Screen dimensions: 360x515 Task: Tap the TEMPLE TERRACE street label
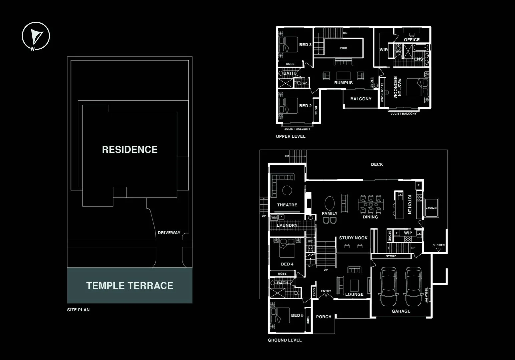point(130,286)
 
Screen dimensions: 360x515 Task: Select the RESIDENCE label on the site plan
point(130,149)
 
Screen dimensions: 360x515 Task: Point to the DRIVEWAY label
point(169,233)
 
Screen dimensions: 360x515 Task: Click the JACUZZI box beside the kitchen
point(431,208)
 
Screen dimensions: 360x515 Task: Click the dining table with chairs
point(371,204)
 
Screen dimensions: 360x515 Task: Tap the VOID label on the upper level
point(343,48)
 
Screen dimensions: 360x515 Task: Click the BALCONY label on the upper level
point(361,99)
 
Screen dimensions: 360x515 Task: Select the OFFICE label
point(412,40)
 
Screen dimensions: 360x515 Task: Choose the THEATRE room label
point(287,205)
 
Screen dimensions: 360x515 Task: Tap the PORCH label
point(324,317)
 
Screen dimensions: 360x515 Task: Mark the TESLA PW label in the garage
point(426,295)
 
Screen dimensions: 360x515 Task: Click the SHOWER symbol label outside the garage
point(439,245)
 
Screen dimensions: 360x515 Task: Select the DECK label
point(377,164)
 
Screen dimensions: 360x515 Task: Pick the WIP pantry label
point(408,233)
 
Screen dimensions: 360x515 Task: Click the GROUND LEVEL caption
point(285,340)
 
